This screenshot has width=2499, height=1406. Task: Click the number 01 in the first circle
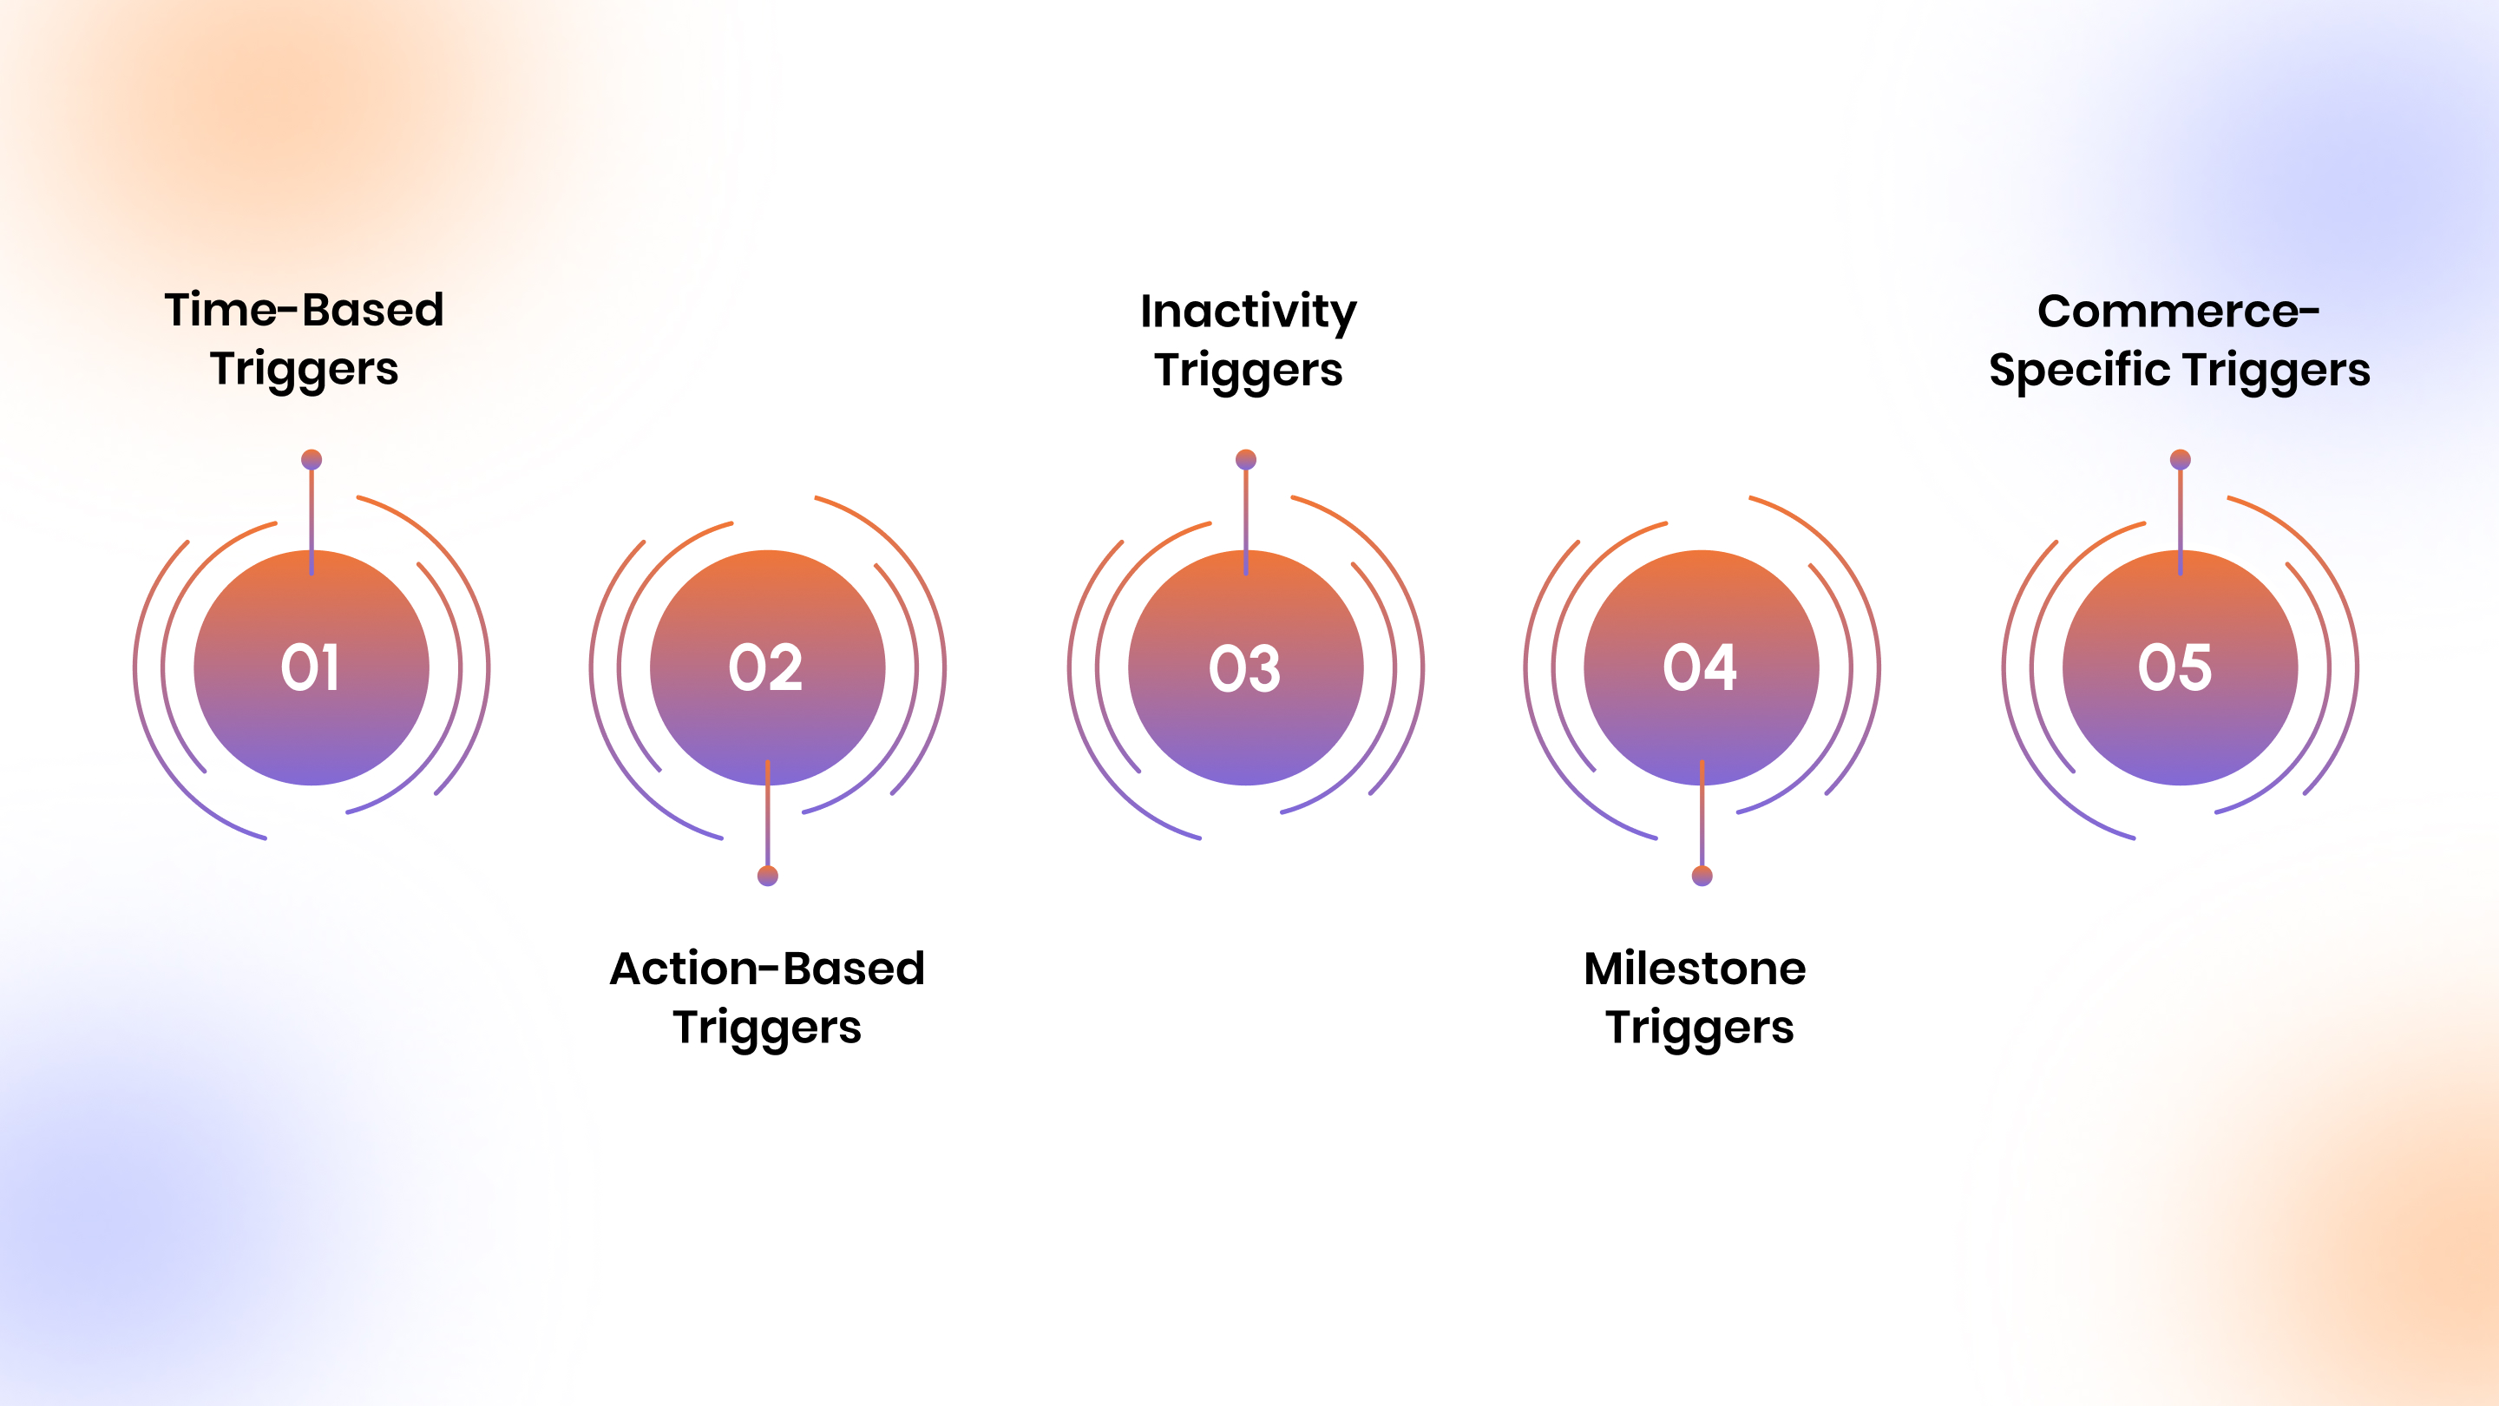311,667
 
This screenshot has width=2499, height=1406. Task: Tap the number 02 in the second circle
766,667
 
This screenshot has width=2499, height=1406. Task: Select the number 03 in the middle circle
1244,668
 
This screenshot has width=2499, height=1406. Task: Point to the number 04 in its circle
1700,667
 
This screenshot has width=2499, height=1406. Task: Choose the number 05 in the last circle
2175,667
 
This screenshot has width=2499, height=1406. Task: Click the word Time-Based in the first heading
305,311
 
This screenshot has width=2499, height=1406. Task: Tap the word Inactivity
1249,312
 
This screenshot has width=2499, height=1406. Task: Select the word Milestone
1695,969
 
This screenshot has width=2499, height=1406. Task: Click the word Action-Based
767,969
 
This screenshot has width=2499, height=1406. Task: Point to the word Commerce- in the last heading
2179,312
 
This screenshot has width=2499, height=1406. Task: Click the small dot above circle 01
312,459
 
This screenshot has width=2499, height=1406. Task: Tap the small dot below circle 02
767,877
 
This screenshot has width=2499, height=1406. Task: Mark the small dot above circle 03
1247,459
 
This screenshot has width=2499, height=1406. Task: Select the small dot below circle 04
1702,877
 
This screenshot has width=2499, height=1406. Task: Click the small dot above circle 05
2181,459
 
